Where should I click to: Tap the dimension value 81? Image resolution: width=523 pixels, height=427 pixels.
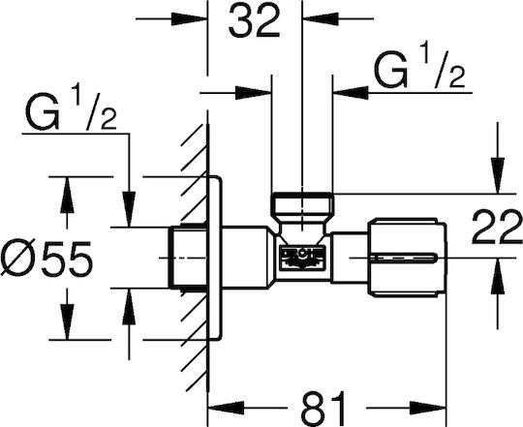click(x=323, y=408)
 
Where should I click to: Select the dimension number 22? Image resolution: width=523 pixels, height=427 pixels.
click(x=497, y=228)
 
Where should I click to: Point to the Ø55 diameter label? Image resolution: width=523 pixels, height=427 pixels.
click(x=46, y=258)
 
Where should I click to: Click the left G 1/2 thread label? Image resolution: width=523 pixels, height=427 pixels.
click(x=71, y=110)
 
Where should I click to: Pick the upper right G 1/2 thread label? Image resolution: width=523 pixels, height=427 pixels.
click(x=419, y=70)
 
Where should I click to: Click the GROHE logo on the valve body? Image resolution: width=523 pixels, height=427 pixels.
click(x=301, y=257)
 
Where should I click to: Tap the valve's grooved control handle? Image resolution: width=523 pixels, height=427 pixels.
click(x=407, y=258)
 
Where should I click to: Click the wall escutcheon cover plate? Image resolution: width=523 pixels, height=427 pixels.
click(x=214, y=258)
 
